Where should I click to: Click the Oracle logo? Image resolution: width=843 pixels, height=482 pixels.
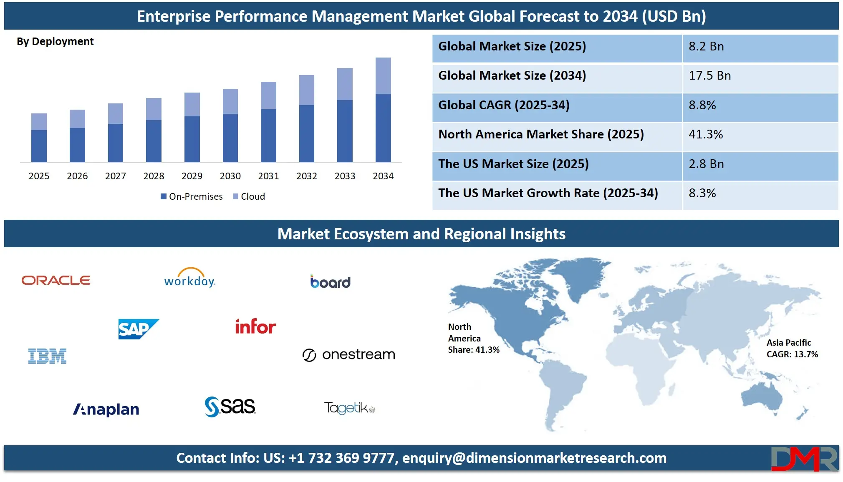coord(56,280)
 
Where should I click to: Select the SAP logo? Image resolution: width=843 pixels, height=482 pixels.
coord(138,329)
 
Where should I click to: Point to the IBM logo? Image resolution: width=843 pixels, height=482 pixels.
coord(47,356)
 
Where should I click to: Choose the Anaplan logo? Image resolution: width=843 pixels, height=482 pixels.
coord(106,409)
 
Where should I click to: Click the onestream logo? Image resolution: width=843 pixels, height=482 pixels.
coord(349,355)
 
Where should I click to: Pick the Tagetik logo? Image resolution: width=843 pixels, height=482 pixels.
coord(349,408)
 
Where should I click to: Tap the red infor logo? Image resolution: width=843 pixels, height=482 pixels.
coord(255,326)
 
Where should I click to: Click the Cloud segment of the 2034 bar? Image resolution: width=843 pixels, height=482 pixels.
coord(383,75)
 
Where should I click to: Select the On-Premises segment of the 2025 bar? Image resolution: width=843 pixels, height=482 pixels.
coord(39,146)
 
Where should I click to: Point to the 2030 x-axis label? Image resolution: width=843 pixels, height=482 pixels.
coord(230,176)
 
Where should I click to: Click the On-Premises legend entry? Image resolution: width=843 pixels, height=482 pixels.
coord(192,196)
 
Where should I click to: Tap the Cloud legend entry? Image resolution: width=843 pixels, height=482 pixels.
coord(249,196)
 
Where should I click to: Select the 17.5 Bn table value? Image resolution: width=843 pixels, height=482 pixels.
coord(709,75)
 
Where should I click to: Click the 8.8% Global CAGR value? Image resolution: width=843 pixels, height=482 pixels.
coord(702,105)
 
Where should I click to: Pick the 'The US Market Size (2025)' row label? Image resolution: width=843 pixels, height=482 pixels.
coord(513,164)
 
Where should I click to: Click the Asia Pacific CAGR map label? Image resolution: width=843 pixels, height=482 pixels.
coord(792,349)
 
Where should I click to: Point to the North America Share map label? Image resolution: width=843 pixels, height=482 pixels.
coord(473,338)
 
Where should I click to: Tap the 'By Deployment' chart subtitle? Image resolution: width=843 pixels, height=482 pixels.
coord(55,41)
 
